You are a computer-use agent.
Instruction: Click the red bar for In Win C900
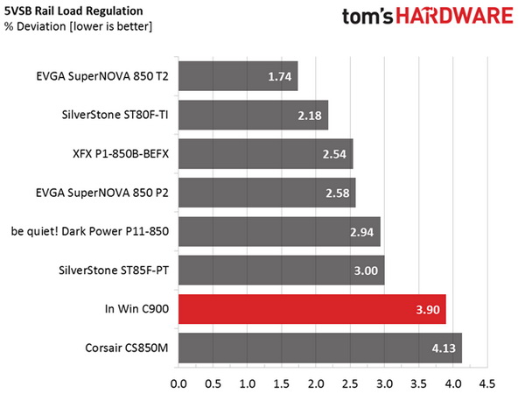click(311, 308)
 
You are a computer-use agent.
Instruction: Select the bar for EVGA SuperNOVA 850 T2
click(238, 77)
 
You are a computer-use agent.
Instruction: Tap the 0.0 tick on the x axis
click(178, 383)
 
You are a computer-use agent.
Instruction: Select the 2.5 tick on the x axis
click(350, 383)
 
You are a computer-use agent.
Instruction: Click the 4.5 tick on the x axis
click(486, 383)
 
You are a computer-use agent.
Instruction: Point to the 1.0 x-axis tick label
click(247, 383)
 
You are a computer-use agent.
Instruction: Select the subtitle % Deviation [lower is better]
click(70, 26)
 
